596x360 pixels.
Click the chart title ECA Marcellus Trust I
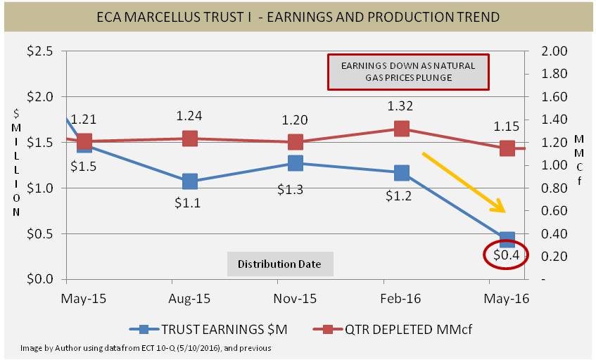coord(298,16)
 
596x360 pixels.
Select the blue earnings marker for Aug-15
coord(189,181)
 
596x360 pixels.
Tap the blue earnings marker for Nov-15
coord(296,163)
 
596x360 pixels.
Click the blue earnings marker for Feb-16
coord(402,173)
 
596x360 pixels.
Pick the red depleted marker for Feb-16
coord(402,129)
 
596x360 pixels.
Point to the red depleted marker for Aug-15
coord(189,139)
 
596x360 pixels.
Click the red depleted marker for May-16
coord(507,148)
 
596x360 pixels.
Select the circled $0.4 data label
coord(506,255)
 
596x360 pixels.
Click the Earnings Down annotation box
coord(407,71)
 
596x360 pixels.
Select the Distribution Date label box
coord(279,264)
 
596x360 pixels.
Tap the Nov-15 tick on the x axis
coord(296,298)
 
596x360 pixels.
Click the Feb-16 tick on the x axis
coord(402,298)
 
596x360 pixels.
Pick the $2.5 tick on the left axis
coord(39,51)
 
